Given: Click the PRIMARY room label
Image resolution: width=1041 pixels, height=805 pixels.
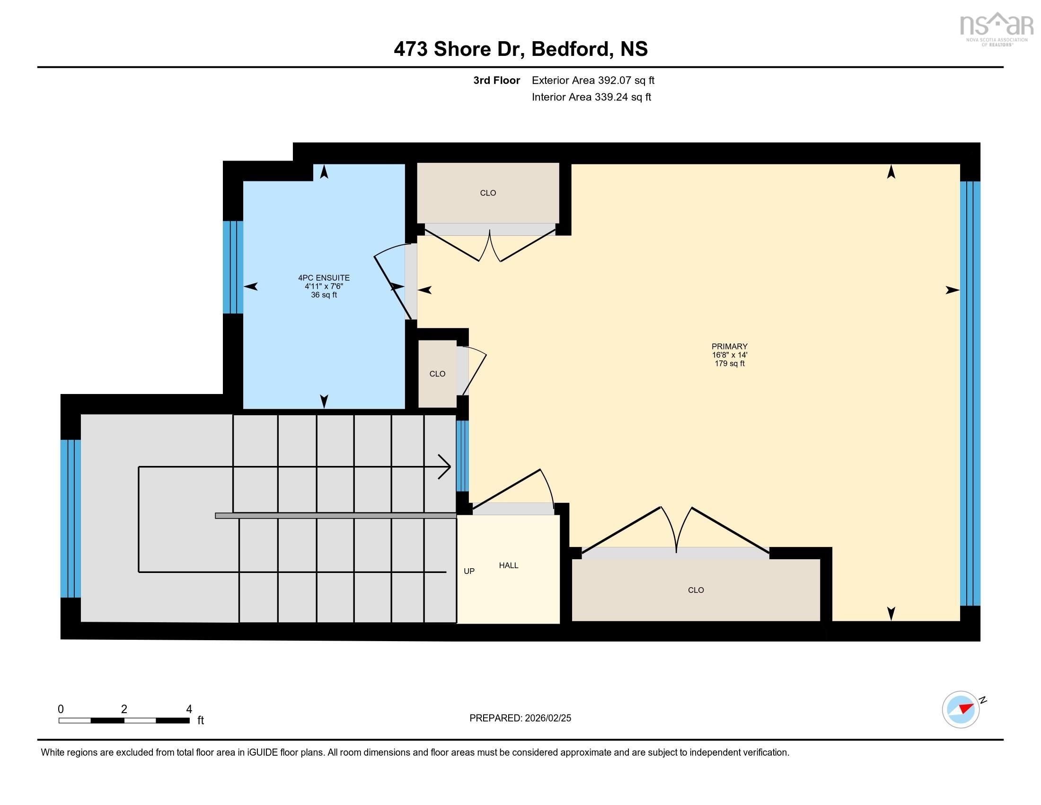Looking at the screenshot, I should click(x=729, y=346).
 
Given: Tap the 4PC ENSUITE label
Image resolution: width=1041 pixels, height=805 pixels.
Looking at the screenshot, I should click(x=324, y=277).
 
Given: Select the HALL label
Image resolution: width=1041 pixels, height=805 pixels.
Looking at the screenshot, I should click(x=509, y=565).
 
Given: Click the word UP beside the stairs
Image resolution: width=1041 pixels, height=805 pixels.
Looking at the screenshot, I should click(x=469, y=571).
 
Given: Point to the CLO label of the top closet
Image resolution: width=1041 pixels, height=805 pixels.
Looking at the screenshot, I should click(x=487, y=193).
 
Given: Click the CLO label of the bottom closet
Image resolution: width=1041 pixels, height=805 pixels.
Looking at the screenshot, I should click(x=696, y=590).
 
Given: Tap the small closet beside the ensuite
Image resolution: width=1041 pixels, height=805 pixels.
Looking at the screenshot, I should click(x=437, y=374).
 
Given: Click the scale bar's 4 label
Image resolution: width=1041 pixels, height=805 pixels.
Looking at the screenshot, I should click(x=189, y=709).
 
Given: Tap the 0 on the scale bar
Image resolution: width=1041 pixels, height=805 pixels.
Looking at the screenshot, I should click(x=61, y=709).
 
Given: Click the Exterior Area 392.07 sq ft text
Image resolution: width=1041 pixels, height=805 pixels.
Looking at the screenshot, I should click(x=593, y=80).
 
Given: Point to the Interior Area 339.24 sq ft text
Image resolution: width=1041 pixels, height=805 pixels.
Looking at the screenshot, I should click(x=591, y=97).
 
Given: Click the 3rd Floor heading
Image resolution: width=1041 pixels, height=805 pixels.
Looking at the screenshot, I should click(x=496, y=80).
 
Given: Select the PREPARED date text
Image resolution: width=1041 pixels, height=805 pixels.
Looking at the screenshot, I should click(x=520, y=718).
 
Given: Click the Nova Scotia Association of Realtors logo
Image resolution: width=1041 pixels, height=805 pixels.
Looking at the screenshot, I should click(x=996, y=27).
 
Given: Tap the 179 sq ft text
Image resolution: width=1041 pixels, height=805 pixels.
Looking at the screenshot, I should click(x=729, y=363).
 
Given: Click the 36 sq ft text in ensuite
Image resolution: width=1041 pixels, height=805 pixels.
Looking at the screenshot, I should click(x=324, y=295).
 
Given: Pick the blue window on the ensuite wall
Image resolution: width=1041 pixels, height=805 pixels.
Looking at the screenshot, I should click(x=233, y=267).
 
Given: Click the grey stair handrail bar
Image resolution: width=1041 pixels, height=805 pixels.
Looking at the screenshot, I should click(x=335, y=516).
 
